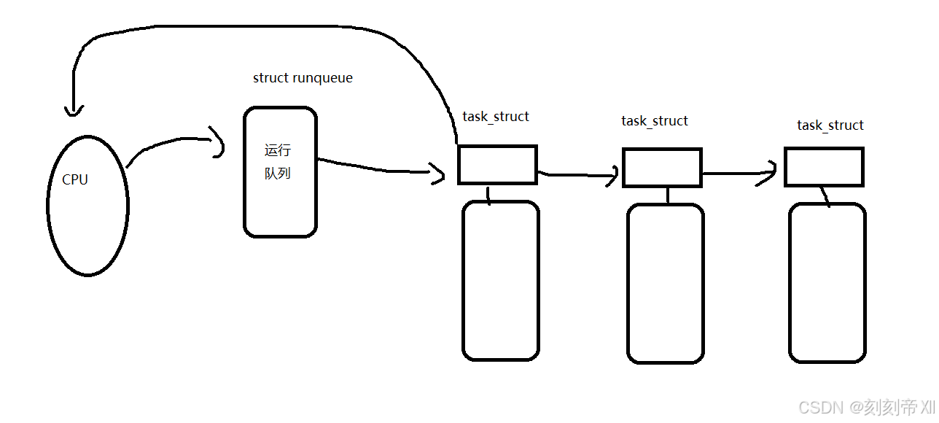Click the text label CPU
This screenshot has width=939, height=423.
[x=75, y=180]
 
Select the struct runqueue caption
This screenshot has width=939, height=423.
[x=303, y=78]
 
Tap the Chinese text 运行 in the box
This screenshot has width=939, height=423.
[x=278, y=151]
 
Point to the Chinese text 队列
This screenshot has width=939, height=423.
[x=278, y=174]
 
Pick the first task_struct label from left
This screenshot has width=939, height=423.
[x=496, y=117]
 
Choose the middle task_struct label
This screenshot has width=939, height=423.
[x=655, y=121]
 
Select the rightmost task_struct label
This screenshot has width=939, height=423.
[x=830, y=125]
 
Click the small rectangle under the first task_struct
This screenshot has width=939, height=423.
[x=497, y=165]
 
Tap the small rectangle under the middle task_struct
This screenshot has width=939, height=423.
[x=662, y=168]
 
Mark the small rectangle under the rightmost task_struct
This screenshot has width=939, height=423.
[x=824, y=167]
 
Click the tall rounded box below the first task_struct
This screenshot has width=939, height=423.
[x=501, y=281]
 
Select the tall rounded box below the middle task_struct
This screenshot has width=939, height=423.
[x=666, y=284]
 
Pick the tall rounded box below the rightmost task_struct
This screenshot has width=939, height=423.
[x=827, y=283]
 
